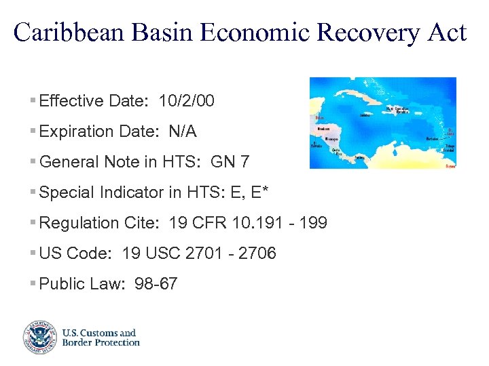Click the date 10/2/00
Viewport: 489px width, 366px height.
pyautogui.click(x=186, y=102)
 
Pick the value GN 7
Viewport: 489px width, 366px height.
pyautogui.click(x=230, y=162)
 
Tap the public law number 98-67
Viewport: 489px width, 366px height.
pyautogui.click(x=156, y=284)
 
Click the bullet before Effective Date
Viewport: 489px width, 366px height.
pyautogui.click(x=33, y=102)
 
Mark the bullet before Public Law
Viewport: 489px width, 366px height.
pyautogui.click(x=33, y=284)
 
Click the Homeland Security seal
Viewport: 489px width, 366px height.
pyautogui.click(x=39, y=337)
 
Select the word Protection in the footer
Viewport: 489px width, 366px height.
pyautogui.click(x=115, y=342)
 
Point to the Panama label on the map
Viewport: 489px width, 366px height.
pyautogui.click(x=359, y=157)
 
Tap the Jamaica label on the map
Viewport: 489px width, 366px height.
pyautogui.click(x=365, y=115)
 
